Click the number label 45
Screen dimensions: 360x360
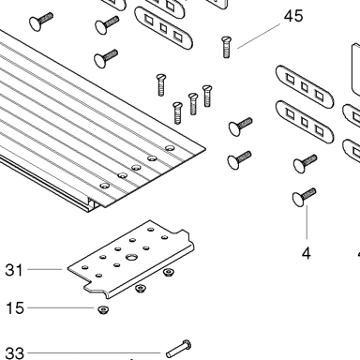point(293,16)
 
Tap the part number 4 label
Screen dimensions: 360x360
point(307,253)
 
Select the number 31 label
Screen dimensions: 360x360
point(14,270)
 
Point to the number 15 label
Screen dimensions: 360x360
point(15,308)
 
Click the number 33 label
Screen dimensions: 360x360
point(15,353)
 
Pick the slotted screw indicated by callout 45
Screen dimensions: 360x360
point(227,47)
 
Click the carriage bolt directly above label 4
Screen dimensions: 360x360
point(304,197)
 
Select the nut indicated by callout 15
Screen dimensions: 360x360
point(103,309)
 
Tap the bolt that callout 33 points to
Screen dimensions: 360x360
point(178,349)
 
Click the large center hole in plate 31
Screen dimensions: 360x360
point(131,257)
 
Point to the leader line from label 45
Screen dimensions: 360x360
point(259,36)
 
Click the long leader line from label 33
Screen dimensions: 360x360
point(94,353)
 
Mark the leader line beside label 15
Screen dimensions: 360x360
point(61,307)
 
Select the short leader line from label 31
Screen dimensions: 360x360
point(45,269)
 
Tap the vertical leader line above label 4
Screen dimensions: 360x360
point(307,222)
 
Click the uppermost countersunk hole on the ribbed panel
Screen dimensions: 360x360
point(170,148)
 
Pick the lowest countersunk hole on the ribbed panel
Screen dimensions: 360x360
point(105,186)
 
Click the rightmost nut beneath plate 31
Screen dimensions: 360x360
point(169,272)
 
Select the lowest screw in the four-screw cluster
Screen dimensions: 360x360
point(177,113)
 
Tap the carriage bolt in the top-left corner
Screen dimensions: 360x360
point(41,22)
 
